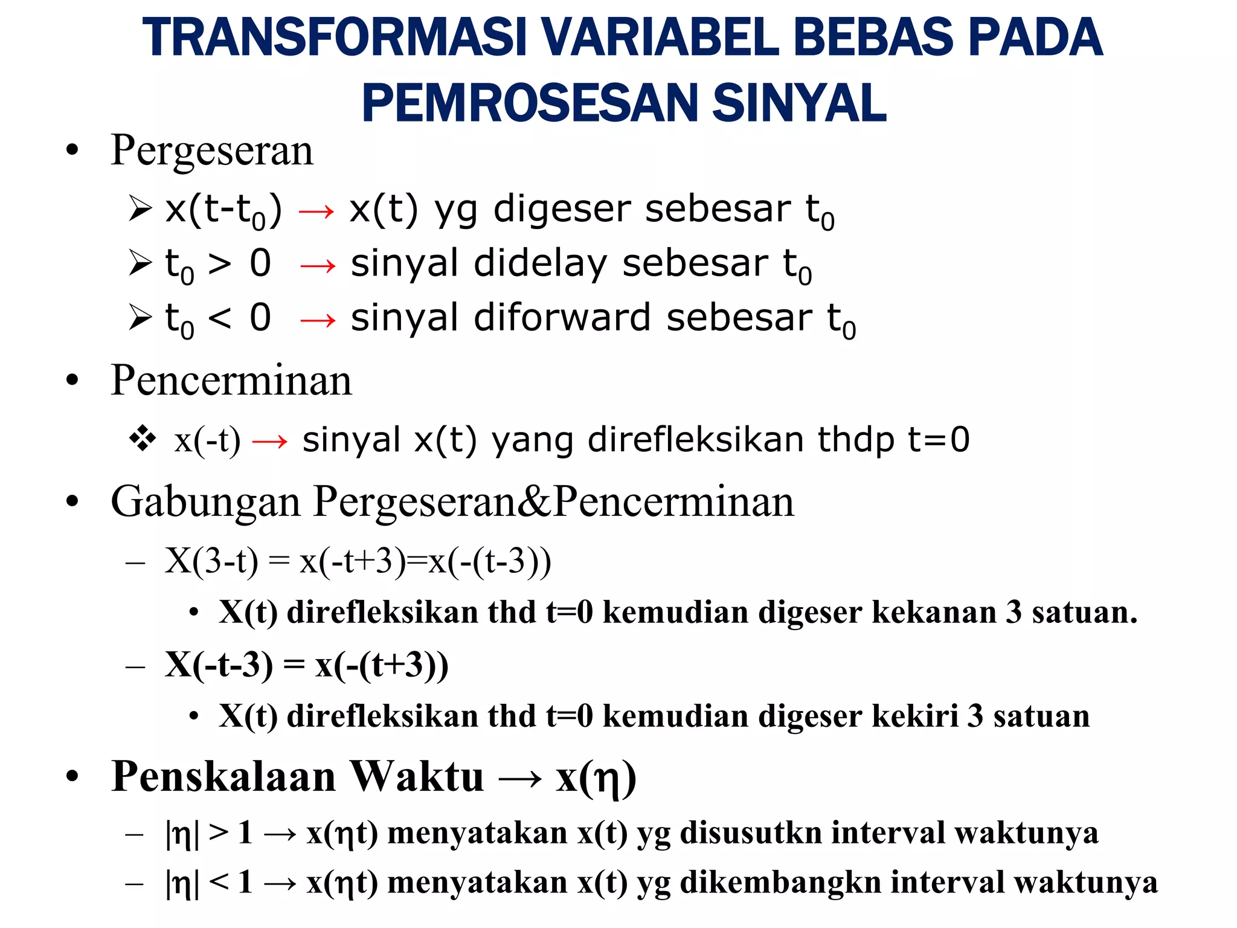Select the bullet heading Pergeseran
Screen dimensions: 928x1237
tap(212, 150)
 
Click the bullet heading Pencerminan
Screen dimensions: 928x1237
tap(231, 381)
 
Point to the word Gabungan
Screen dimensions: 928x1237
tap(205, 502)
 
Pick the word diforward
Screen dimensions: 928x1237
tap(562, 318)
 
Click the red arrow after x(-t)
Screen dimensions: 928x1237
tap(270, 442)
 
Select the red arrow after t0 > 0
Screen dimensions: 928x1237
tap(318, 265)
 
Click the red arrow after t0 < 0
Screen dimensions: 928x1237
tap(318, 320)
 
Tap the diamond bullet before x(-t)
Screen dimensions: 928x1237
tap(143, 439)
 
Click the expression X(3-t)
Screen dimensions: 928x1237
tap(211, 561)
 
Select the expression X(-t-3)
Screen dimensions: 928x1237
tap(218, 665)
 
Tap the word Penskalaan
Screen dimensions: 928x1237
tap(223, 777)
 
